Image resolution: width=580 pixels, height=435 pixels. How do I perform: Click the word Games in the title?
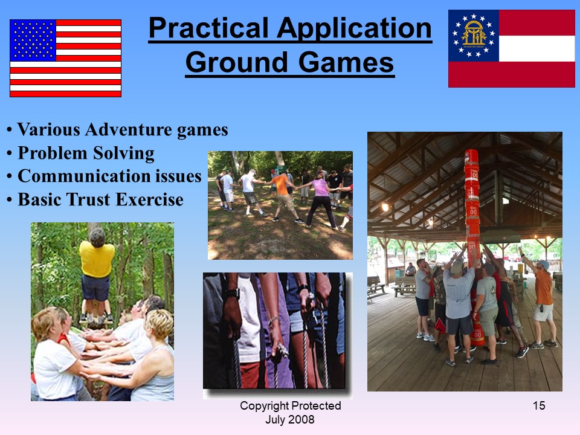pyautogui.click(x=346, y=62)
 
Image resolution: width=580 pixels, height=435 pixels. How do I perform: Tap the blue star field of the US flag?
pyautogui.click(x=33, y=40)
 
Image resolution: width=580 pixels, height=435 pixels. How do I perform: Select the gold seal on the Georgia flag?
pyautogui.click(x=474, y=35)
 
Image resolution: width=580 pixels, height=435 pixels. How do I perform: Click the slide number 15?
pyautogui.click(x=539, y=406)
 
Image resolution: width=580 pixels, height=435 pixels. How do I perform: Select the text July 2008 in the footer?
pyautogui.click(x=290, y=419)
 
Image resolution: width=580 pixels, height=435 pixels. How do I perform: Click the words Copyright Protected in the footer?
pyautogui.click(x=291, y=406)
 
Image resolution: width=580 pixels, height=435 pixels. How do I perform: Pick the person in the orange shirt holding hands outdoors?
pyautogui.click(x=284, y=196)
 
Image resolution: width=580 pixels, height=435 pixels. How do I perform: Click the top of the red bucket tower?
pyautogui.click(x=471, y=151)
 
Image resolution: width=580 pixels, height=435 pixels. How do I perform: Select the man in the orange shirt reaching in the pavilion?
pyautogui.click(x=541, y=300)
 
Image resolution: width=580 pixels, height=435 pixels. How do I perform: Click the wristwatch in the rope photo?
pyautogui.click(x=233, y=294)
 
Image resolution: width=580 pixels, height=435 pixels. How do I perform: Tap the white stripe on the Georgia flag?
pyautogui.click(x=536, y=48)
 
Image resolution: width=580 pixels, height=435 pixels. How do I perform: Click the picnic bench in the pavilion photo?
pyautogui.click(x=404, y=286)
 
